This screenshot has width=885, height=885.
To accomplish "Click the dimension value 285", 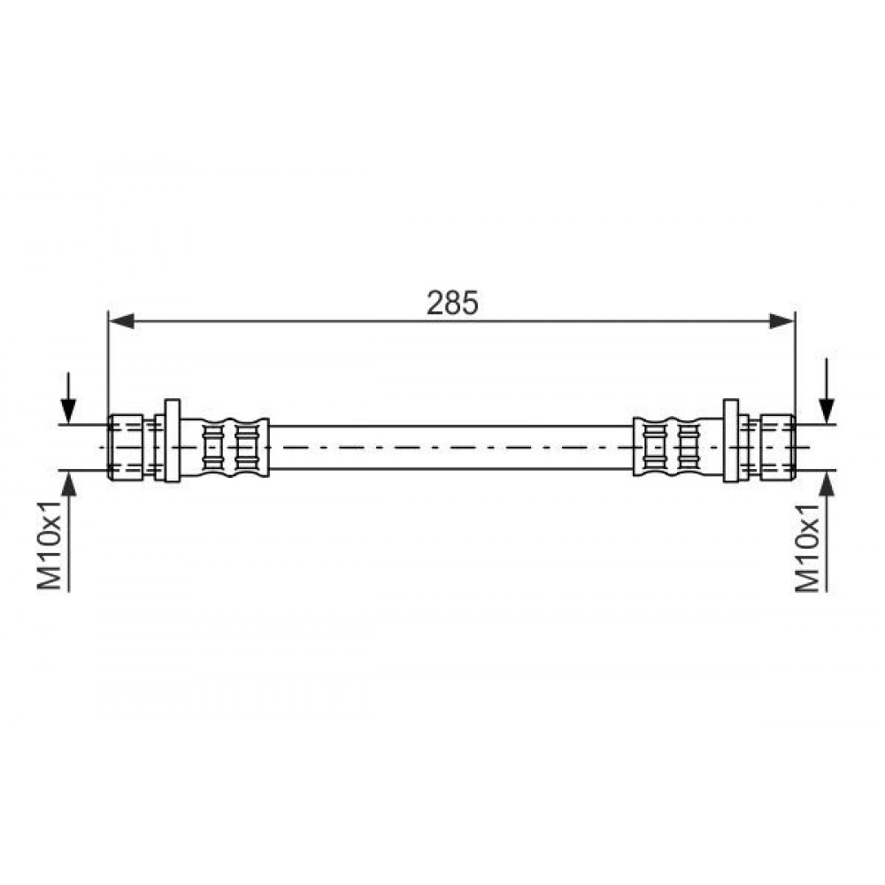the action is (452, 303).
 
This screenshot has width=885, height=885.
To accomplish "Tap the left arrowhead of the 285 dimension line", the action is (121, 321).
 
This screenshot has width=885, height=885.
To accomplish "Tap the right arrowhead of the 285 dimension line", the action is (781, 321).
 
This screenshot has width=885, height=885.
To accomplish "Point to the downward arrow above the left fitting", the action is (68, 397).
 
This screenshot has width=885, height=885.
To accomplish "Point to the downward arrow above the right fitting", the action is (827, 390).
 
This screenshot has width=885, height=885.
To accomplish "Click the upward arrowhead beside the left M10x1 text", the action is (68, 483).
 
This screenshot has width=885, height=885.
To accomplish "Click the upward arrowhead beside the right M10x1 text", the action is (827, 483).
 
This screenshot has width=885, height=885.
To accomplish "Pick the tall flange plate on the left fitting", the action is (173, 440).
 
